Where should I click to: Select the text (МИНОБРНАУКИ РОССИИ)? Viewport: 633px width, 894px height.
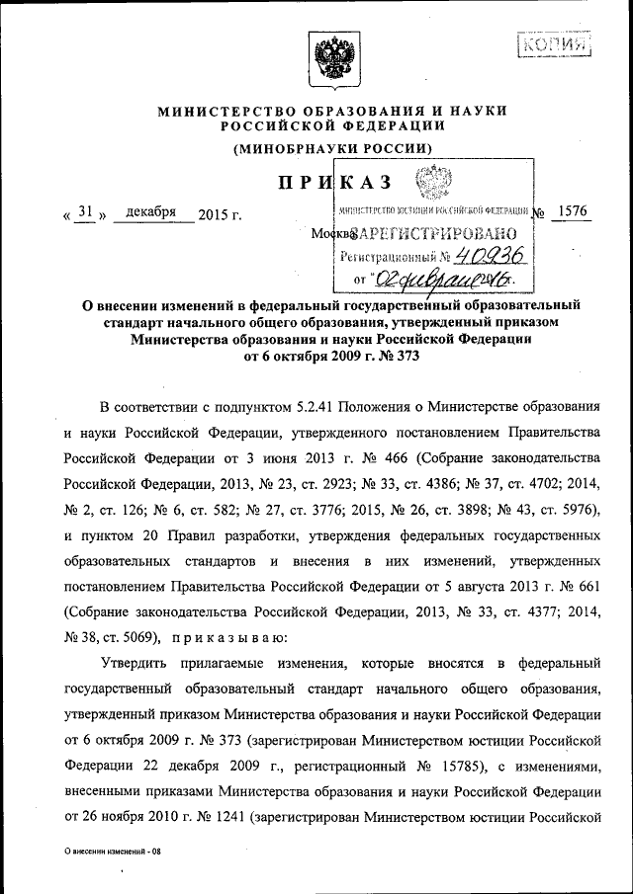pos(332,148)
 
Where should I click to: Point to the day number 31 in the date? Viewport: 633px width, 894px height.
pos(88,211)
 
